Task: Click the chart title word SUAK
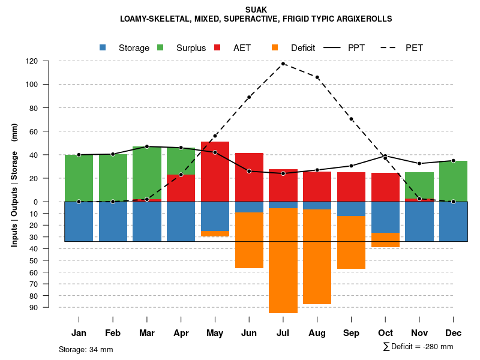tap(256, 10)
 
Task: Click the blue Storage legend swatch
tap(103, 48)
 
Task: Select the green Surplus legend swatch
tap(161, 48)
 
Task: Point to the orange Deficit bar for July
tap(283, 260)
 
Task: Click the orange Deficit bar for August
tap(317, 257)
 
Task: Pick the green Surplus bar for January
tap(79, 178)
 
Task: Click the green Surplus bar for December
tap(454, 181)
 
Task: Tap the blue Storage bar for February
tap(113, 221)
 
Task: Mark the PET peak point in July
tap(283, 64)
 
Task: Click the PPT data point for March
tap(147, 146)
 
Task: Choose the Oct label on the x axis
tap(385, 333)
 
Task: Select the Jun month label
tap(249, 333)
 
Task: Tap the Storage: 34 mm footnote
tap(86, 349)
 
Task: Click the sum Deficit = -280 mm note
tap(418, 347)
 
